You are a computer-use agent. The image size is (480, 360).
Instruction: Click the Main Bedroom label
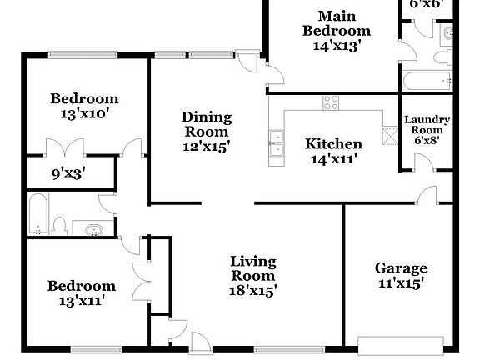click(x=336, y=32)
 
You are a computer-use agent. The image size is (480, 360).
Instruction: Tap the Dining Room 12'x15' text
click(x=206, y=131)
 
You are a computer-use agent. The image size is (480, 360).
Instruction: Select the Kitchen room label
click(x=333, y=150)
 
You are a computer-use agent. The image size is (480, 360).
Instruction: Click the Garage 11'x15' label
click(x=401, y=275)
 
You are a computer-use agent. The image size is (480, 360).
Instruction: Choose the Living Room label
click(x=253, y=276)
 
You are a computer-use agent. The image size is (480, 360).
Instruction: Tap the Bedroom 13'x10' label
click(x=83, y=106)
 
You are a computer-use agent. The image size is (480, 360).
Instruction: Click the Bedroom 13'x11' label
click(x=81, y=293)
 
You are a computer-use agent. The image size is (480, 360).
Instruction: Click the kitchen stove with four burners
click(x=331, y=102)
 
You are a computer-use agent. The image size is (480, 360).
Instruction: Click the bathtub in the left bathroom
click(x=37, y=215)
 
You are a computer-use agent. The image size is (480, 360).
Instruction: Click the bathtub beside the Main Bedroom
click(x=426, y=82)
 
